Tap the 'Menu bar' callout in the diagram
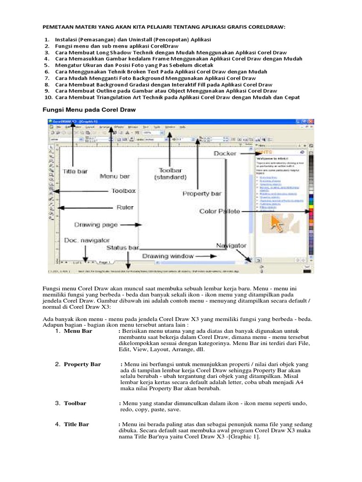coord(115,176)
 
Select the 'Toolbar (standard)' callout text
coord(171,173)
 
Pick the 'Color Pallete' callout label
coord(220,211)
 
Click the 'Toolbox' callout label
coord(123,191)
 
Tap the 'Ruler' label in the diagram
coord(125,207)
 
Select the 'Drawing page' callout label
coord(97,225)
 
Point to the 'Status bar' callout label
coord(123,247)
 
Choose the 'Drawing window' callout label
coord(168,256)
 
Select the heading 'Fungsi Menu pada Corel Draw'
coord(86,110)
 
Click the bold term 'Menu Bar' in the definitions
coord(78,331)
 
